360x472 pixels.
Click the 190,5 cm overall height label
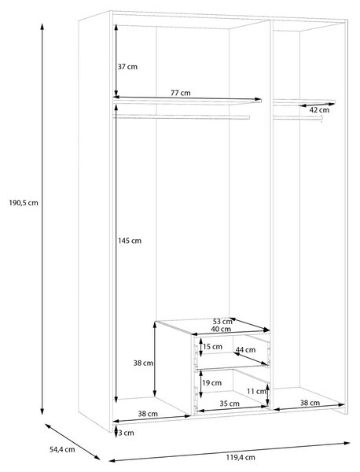pyautogui.click(x=24, y=203)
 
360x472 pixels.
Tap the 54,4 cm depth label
pyautogui.click(x=62, y=450)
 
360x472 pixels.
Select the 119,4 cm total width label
pyautogui.click(x=241, y=458)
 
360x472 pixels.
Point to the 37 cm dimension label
pyautogui.click(x=127, y=67)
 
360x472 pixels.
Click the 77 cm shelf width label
pyautogui.click(x=181, y=93)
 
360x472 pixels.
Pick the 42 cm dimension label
pyautogui.click(x=319, y=110)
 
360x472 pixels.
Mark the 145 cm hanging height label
pyautogui.click(x=130, y=241)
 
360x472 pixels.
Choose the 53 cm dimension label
pyautogui.click(x=222, y=322)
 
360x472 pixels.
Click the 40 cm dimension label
pyautogui.click(x=221, y=330)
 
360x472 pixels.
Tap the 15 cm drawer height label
pyautogui.click(x=213, y=347)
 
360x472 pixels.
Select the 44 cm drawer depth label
pyautogui.click(x=246, y=350)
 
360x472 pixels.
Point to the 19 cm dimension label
pyautogui.click(x=211, y=383)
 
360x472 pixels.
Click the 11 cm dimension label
pyautogui.click(x=256, y=391)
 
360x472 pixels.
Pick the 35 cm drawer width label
pyautogui.click(x=230, y=404)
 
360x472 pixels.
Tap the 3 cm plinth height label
pyautogui.click(x=126, y=433)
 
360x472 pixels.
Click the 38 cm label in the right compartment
pyautogui.click(x=310, y=403)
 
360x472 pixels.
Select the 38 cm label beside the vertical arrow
pyautogui.click(x=144, y=363)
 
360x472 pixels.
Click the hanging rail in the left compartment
pyautogui.click(x=182, y=117)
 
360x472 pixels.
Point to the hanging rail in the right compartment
pyautogui.click(x=298, y=118)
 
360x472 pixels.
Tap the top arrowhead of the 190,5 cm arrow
pyautogui.click(x=42, y=26)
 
